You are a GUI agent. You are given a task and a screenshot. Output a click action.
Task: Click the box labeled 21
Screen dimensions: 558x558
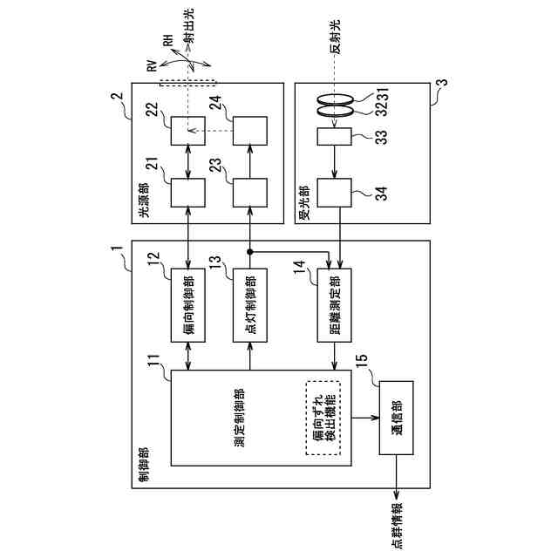point(188,193)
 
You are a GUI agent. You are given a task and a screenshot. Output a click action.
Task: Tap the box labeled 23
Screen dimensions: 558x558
point(250,193)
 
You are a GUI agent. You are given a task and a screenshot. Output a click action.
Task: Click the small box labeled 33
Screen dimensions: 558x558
point(334,137)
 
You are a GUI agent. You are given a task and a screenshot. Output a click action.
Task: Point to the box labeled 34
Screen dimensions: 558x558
point(334,193)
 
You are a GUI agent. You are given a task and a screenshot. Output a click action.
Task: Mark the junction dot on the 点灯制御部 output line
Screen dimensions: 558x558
point(250,251)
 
